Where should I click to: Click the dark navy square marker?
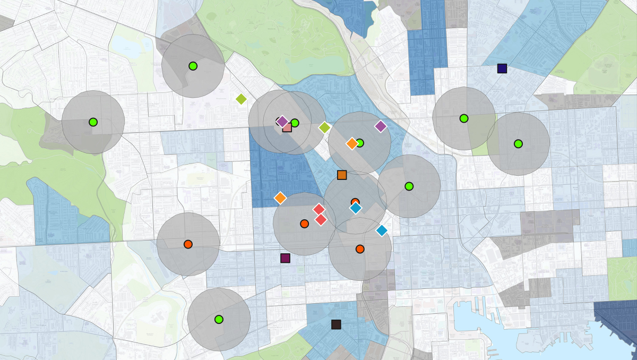pos(502,68)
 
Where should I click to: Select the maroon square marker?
pos(285,258)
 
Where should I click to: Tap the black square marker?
pos(335,324)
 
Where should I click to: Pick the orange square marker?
pos(342,175)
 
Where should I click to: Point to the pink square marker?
pos(287,127)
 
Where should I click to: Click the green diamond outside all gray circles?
pos(241,99)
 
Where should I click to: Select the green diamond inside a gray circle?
pos(324,127)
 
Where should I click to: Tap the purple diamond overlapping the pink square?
pos(282,121)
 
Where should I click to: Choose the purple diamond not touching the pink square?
pos(381,126)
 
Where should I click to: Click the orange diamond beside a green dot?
pos(351,143)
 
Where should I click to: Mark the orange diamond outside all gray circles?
pos(280,198)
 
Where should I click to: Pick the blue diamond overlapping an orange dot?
pos(356,208)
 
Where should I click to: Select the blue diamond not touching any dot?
pos(382,230)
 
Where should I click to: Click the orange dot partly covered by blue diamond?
pos(355,202)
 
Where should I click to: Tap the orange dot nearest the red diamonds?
pos(304,224)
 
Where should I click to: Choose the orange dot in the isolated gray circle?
pos(187,244)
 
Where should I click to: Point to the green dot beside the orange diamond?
pos(360,143)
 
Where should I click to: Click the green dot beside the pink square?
pos(295,123)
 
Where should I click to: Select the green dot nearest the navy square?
pos(464,118)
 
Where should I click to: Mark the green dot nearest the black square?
pos(219,319)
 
